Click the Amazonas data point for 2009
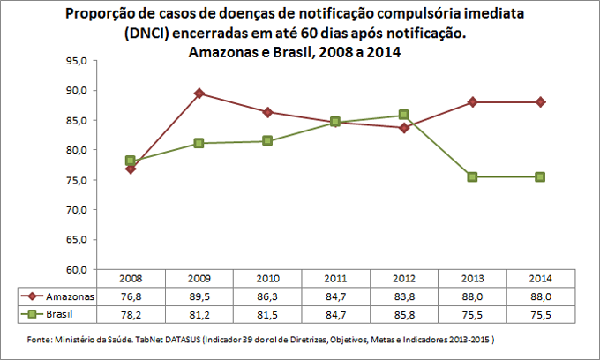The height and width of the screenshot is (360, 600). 199,94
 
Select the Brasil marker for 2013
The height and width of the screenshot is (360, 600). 472,176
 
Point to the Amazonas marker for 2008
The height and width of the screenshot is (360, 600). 131,169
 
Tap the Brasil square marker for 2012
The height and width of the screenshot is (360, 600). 403,115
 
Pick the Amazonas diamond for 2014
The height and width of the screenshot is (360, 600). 540,102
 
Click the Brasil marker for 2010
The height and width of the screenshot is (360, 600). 267,141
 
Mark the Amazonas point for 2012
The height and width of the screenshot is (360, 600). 403,127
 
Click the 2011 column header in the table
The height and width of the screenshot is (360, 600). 335,279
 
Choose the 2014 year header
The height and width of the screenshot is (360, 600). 540,279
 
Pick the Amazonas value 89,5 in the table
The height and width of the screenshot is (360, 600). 199,296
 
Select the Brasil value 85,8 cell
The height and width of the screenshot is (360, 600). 403,312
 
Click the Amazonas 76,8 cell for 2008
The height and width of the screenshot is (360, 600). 131,296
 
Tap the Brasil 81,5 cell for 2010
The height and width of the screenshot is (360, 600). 267,312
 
